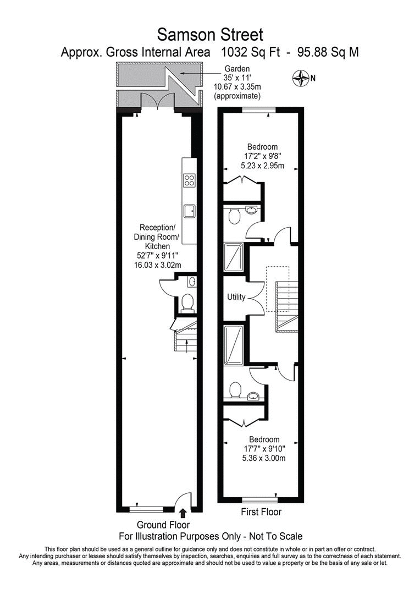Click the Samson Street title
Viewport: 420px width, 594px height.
(x=210, y=35)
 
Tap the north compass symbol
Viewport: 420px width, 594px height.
(x=301, y=78)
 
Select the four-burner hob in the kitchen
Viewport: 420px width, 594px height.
(x=189, y=180)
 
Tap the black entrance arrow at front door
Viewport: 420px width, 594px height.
(x=183, y=514)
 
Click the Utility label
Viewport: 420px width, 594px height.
(x=236, y=297)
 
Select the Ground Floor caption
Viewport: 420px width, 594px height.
(x=163, y=525)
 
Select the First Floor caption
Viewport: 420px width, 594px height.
(x=261, y=512)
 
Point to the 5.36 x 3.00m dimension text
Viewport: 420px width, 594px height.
(x=264, y=458)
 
